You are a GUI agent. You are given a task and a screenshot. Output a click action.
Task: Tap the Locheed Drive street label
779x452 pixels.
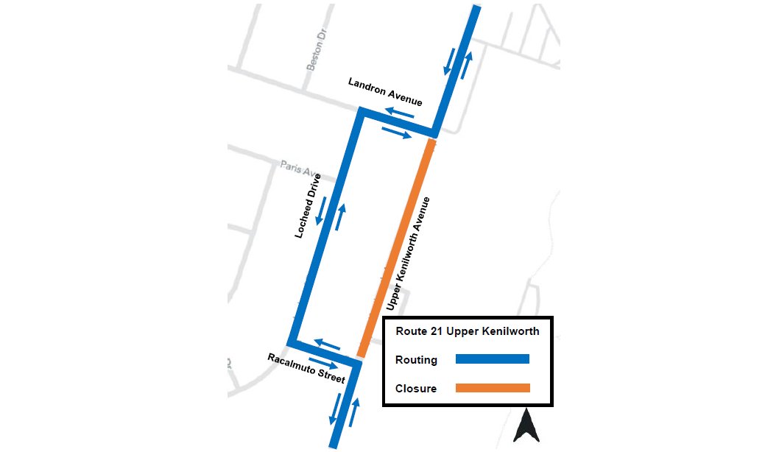tap(309, 206)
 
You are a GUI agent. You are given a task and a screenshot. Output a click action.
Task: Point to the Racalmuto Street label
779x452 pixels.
tap(306, 368)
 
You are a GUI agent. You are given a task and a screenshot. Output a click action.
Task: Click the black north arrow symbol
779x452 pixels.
tap(527, 427)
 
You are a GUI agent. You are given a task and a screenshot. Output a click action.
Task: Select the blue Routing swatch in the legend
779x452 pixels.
tap(493, 359)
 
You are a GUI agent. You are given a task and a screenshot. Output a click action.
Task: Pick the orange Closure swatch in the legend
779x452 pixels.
tap(493, 388)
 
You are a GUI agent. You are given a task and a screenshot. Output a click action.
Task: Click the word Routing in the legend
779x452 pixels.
tap(416, 360)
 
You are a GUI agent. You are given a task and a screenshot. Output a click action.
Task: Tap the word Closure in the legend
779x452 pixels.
tap(416, 388)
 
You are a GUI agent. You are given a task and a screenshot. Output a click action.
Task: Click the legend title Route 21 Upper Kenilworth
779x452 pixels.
tap(468, 331)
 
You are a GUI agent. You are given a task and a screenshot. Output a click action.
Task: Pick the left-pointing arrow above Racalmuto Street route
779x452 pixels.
tap(328, 342)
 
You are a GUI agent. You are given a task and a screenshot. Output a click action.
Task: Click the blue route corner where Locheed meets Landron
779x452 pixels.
tap(361, 112)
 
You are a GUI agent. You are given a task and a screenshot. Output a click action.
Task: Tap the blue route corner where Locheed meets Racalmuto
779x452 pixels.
tap(292, 342)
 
